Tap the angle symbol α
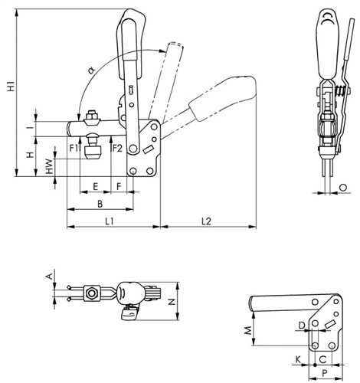(91, 70)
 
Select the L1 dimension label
(110, 221)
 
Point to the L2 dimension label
(206, 221)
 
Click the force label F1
(74, 148)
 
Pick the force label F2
(117, 148)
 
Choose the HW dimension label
(49, 166)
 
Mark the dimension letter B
(100, 204)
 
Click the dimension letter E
(95, 187)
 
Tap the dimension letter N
(172, 302)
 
